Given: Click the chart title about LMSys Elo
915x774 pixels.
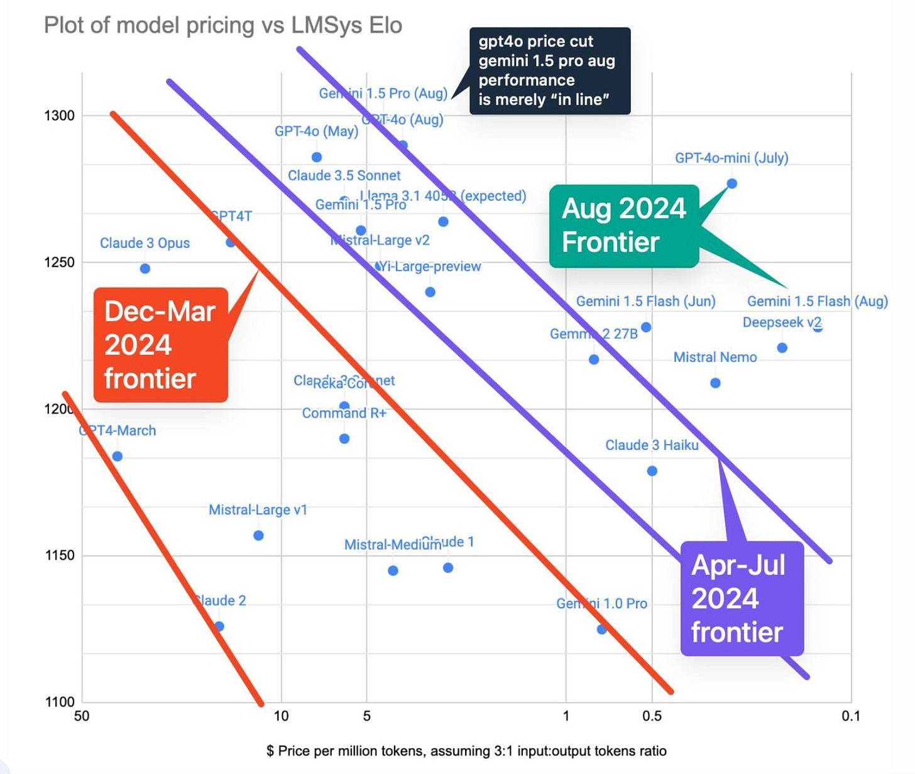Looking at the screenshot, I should pyautogui.click(x=223, y=26).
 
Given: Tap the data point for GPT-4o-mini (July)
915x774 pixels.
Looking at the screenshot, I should pyautogui.click(x=731, y=183).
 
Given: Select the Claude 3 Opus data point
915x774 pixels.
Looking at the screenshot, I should pyautogui.click(x=145, y=269).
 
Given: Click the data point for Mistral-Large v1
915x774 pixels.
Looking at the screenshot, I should pyautogui.click(x=258, y=535).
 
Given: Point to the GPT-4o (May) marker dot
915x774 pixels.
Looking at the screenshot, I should pyautogui.click(x=317, y=157).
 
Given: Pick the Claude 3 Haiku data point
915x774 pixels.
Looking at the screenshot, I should pyautogui.click(x=652, y=471).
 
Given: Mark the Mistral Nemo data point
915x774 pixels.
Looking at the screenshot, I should pyautogui.click(x=715, y=383).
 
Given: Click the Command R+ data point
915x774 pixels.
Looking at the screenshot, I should pyautogui.click(x=344, y=439).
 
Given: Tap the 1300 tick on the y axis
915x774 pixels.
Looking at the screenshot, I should pyautogui.click(x=59, y=116).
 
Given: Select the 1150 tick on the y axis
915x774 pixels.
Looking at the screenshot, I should pyautogui.click(x=59, y=555).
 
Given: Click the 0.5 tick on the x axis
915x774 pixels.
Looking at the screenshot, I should pyautogui.click(x=652, y=716).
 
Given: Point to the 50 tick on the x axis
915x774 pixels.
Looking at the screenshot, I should pyautogui.click(x=82, y=716).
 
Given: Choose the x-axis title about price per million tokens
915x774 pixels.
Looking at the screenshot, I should pyautogui.click(x=466, y=751).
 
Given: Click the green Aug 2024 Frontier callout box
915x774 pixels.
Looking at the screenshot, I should pyautogui.click(x=623, y=226).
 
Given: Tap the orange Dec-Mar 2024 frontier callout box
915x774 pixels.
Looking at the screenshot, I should pyautogui.click(x=160, y=344).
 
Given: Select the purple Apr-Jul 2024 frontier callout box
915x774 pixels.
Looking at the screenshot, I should pyautogui.click(x=742, y=598).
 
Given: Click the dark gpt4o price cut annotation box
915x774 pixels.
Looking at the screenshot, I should pyautogui.click(x=550, y=70).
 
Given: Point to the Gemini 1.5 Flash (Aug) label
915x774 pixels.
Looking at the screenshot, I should pyautogui.click(x=817, y=302).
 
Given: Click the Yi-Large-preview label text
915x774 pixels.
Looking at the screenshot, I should pyautogui.click(x=430, y=266).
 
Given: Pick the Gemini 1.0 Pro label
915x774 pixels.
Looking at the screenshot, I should pyautogui.click(x=601, y=604).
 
